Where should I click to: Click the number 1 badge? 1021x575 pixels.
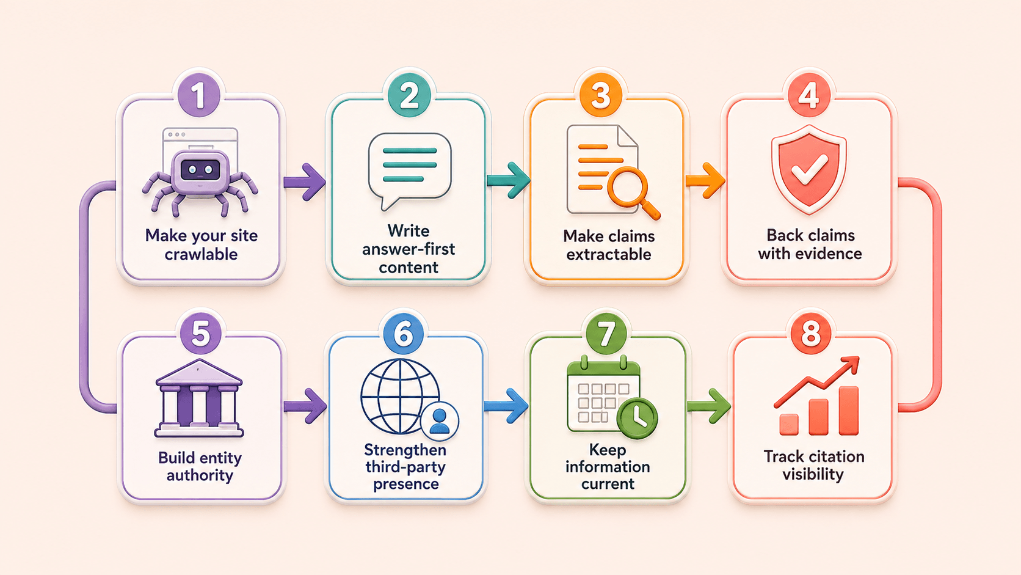[199, 96]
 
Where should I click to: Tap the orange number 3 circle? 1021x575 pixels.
[601, 96]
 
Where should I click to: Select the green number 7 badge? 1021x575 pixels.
[606, 334]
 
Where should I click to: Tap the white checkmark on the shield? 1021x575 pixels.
[810, 169]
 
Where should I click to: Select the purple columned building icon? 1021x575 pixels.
[199, 398]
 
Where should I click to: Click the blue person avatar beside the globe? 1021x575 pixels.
[440, 421]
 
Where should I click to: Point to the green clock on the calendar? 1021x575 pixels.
[638, 418]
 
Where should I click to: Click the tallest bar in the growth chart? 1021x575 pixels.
[849, 411]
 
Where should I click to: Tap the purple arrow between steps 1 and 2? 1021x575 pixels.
[305, 182]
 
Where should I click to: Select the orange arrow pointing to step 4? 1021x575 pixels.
[705, 181]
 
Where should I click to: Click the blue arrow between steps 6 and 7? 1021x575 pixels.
[506, 405]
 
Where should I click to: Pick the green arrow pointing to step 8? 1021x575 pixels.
[709, 405]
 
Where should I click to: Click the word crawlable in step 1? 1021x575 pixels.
[201, 254]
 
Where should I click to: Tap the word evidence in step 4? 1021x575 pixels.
[832, 254]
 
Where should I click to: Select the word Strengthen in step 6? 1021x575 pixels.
[405, 450]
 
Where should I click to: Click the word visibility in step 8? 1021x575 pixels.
[813, 474]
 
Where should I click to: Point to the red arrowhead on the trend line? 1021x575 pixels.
[851, 364]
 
